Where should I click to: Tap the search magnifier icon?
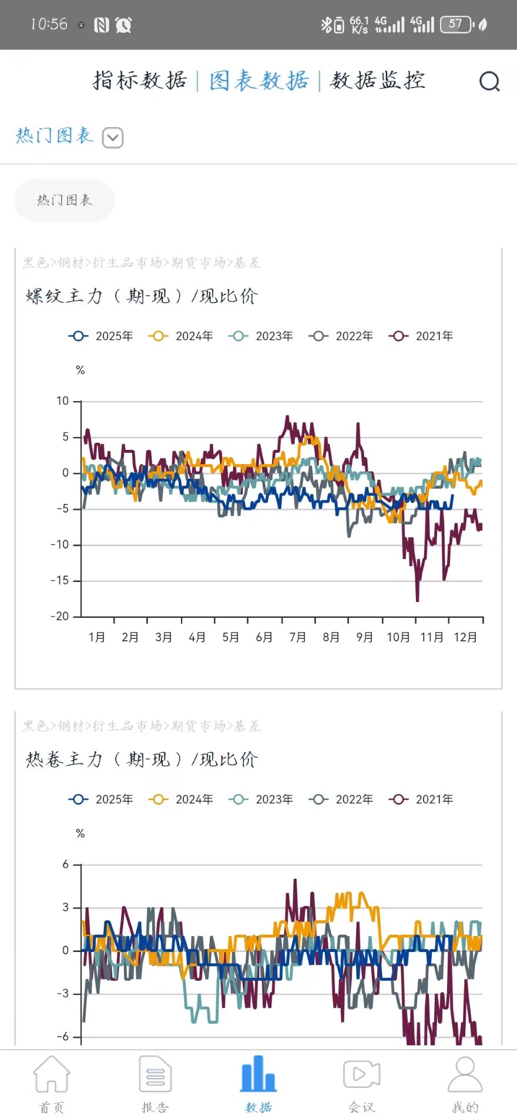point(489,81)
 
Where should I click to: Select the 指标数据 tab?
point(140,80)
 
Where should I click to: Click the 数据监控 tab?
point(378,80)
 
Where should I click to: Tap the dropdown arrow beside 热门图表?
point(113,138)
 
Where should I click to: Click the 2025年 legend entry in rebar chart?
point(101,336)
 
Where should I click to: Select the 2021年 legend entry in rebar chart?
point(421,336)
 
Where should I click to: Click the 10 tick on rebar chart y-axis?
point(62,401)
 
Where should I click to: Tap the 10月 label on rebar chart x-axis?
point(398,637)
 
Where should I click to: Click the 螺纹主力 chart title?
point(142,296)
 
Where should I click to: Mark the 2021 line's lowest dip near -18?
point(418,600)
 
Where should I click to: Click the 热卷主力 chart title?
point(142,759)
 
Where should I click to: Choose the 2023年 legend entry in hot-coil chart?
point(261,799)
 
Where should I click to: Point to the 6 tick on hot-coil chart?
point(66,865)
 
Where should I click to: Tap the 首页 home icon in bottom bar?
point(52,1075)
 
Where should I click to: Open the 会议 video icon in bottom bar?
point(361,1075)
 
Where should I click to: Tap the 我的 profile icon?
point(465,1075)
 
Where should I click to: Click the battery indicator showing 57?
point(456,24)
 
